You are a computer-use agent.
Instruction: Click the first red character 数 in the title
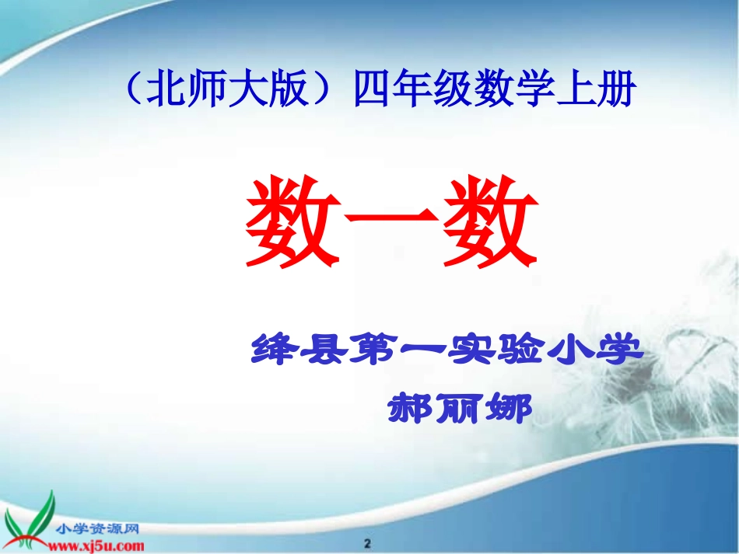[292, 221]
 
